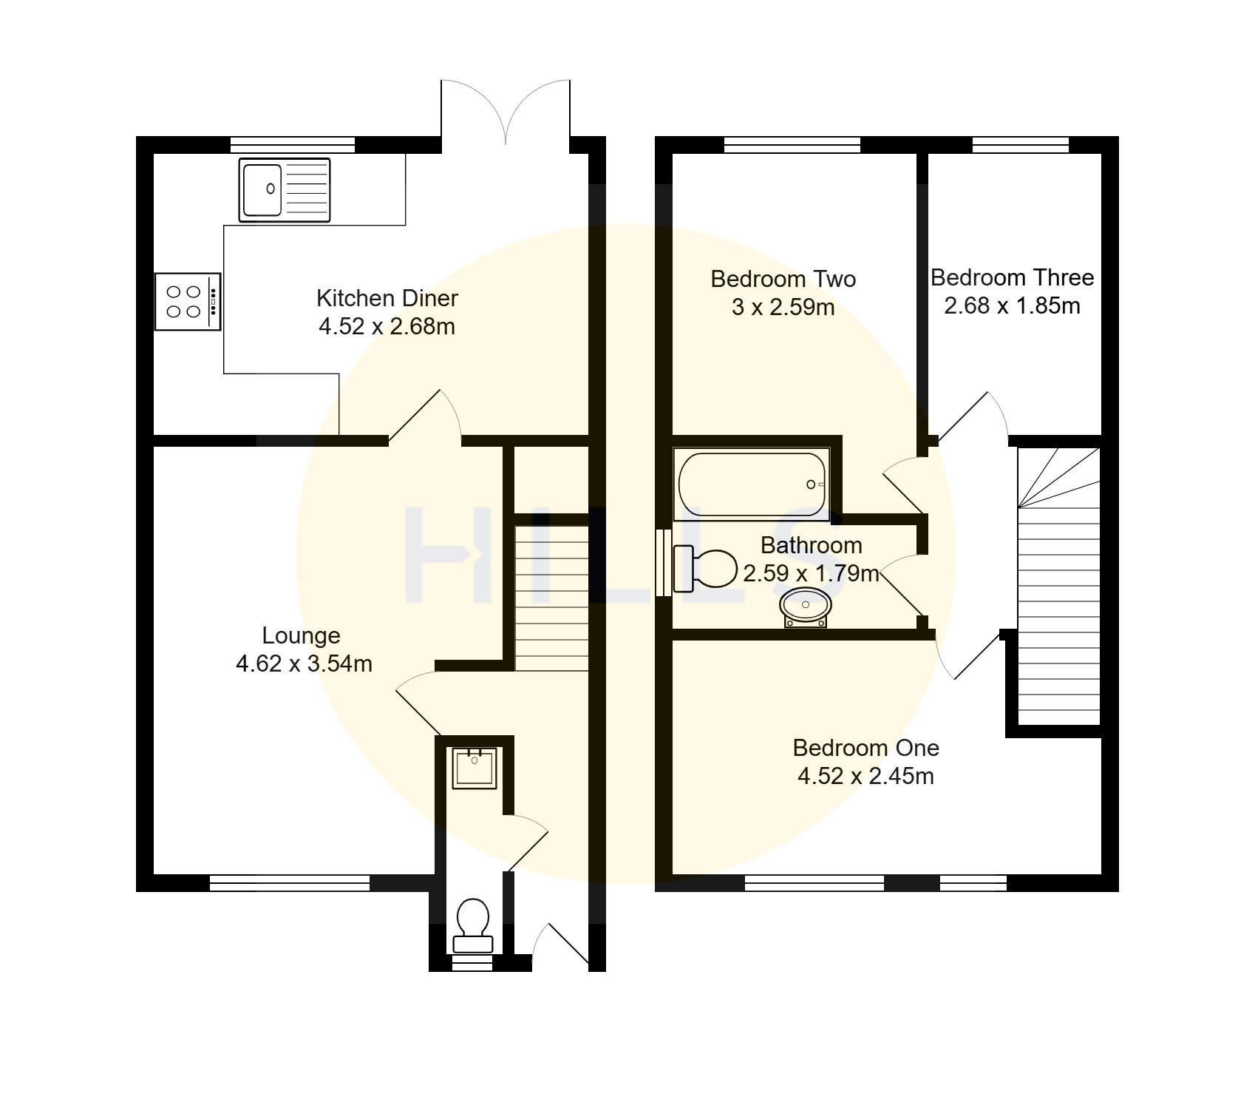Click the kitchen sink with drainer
(x=285, y=189)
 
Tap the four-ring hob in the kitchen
(x=188, y=302)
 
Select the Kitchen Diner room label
(x=387, y=298)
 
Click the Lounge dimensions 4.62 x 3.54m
(x=304, y=663)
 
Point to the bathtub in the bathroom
(x=752, y=484)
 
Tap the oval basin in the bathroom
(x=805, y=607)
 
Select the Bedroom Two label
(x=783, y=279)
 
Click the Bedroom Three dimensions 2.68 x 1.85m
(x=1012, y=305)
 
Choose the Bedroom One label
(x=866, y=748)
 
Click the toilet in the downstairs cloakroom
(x=473, y=925)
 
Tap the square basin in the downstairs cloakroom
(x=475, y=768)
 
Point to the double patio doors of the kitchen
(x=506, y=111)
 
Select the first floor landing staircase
(x=1059, y=586)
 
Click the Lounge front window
(x=290, y=882)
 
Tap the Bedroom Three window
(x=1020, y=145)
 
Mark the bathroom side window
(x=664, y=562)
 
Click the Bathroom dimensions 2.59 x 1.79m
(x=811, y=573)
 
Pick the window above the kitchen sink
(x=293, y=145)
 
